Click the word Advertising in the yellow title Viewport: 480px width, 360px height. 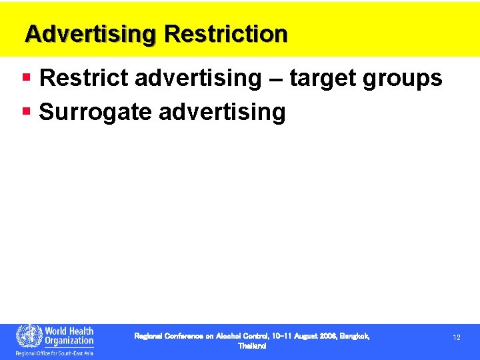[89, 34]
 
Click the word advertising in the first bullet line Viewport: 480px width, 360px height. [199, 79]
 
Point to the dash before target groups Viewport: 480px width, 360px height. [276, 79]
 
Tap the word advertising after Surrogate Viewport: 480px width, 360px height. [223, 113]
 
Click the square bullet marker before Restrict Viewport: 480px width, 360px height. [27, 77]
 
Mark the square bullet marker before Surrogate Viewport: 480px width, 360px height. [27, 111]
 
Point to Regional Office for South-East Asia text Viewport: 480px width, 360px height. [55, 353]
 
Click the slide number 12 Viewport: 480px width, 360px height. [457, 338]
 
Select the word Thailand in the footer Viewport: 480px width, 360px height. [252, 347]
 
